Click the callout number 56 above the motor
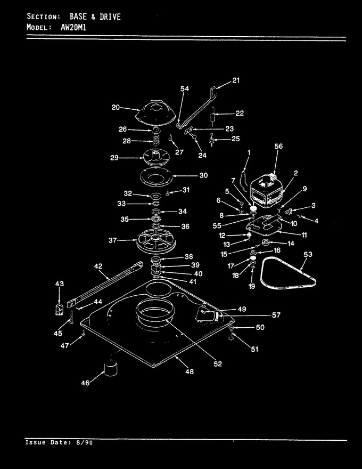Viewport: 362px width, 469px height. pyautogui.click(x=278, y=146)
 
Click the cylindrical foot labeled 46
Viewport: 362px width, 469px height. pyautogui.click(x=111, y=369)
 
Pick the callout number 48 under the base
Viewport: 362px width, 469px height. pyautogui.click(x=190, y=371)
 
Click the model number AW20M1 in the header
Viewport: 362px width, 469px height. pyautogui.click(x=73, y=28)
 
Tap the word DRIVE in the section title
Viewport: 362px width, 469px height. pyautogui.click(x=110, y=17)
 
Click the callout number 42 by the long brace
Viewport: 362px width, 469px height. pyautogui.click(x=98, y=266)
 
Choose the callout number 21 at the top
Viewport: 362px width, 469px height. pyautogui.click(x=236, y=80)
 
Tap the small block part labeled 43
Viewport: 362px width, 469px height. pyautogui.click(x=60, y=309)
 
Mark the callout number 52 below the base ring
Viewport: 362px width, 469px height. pyautogui.click(x=218, y=363)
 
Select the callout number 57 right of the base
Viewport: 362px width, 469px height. pyautogui.click(x=276, y=315)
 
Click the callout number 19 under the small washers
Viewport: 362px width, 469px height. pyautogui.click(x=252, y=286)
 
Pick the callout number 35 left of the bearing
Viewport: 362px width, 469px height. pyautogui.click(x=125, y=219)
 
